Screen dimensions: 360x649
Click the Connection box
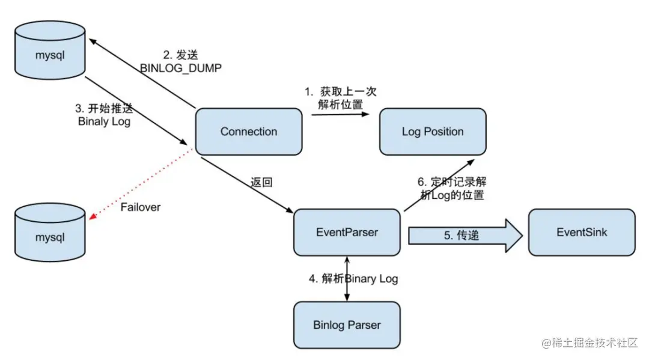(x=249, y=132)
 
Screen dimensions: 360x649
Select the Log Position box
(x=433, y=132)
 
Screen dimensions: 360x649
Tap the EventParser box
(x=347, y=232)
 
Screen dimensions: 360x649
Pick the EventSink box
(x=582, y=232)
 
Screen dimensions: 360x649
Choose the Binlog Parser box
(x=347, y=325)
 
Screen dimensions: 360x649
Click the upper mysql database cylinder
(x=49, y=52)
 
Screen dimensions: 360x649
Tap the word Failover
(x=141, y=207)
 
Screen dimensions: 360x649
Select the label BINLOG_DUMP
(x=181, y=68)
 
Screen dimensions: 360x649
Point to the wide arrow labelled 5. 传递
(x=459, y=235)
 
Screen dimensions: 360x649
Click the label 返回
(x=262, y=182)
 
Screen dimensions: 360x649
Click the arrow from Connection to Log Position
(x=340, y=115)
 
